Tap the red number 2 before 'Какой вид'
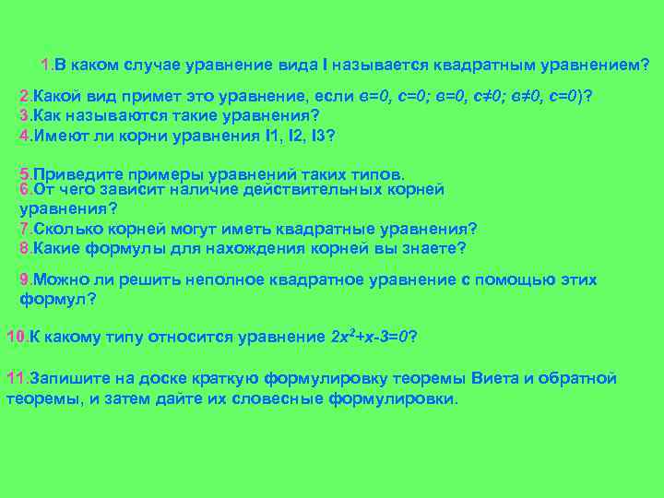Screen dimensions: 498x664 coord(24,98)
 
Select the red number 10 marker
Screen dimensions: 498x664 coord(16,337)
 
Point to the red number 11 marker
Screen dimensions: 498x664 coord(16,378)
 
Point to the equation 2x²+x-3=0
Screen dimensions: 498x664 coord(369,337)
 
